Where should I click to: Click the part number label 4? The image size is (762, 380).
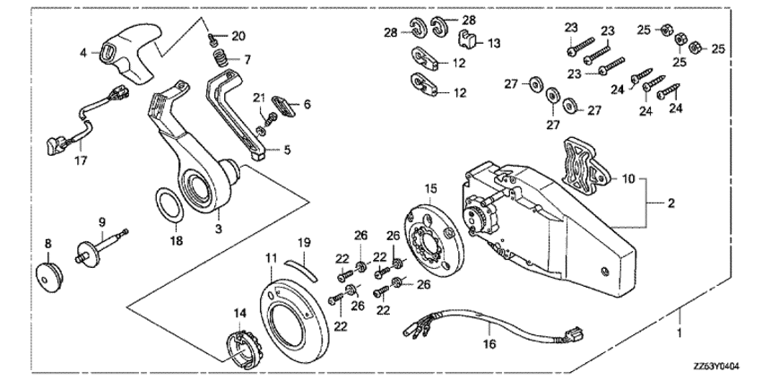[x=83, y=53]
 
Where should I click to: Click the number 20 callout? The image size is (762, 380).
[x=237, y=36]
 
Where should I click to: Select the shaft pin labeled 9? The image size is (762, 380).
[x=100, y=245]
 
